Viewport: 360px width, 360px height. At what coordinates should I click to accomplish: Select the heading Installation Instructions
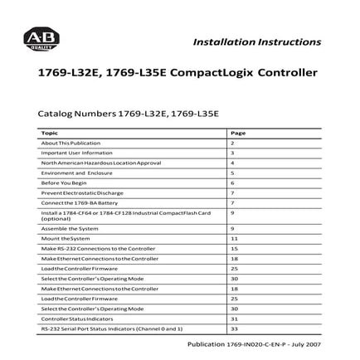pyautogui.click(x=256, y=41)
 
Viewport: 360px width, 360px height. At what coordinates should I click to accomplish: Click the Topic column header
pyautogui.click(x=50, y=133)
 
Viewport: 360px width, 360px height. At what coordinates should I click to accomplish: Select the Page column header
pyautogui.click(x=237, y=133)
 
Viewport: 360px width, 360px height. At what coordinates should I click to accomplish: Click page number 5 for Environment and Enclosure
pyautogui.click(x=233, y=173)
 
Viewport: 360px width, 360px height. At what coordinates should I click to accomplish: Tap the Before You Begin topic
pyautogui.click(x=64, y=182)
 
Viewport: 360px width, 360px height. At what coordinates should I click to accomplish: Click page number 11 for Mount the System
pyautogui.click(x=235, y=238)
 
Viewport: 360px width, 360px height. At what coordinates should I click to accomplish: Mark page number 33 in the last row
pyautogui.click(x=235, y=328)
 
